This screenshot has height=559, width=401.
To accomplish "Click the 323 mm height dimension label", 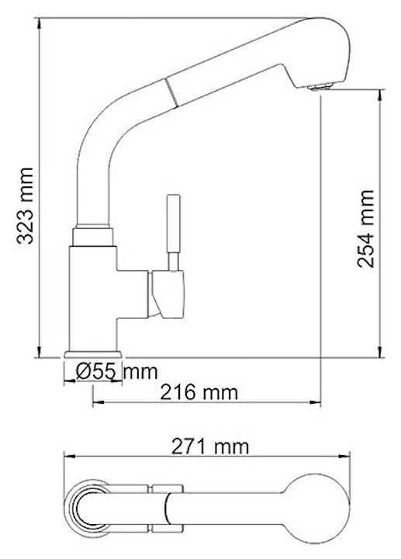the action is point(25,206).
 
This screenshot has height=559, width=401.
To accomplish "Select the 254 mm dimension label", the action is point(366,228).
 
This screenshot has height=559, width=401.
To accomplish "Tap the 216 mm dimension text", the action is point(199,393).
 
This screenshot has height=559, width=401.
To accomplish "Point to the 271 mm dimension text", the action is point(210,446).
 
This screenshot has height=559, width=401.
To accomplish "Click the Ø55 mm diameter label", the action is point(116,372).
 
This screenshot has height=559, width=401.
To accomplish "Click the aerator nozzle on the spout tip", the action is point(321,87).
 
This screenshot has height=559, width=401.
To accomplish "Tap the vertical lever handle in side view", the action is point(174,232).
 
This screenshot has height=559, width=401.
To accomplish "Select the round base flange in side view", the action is point(93,354).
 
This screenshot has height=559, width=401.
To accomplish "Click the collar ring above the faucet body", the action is point(92,236).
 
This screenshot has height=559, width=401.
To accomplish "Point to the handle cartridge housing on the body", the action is point(168,294).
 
